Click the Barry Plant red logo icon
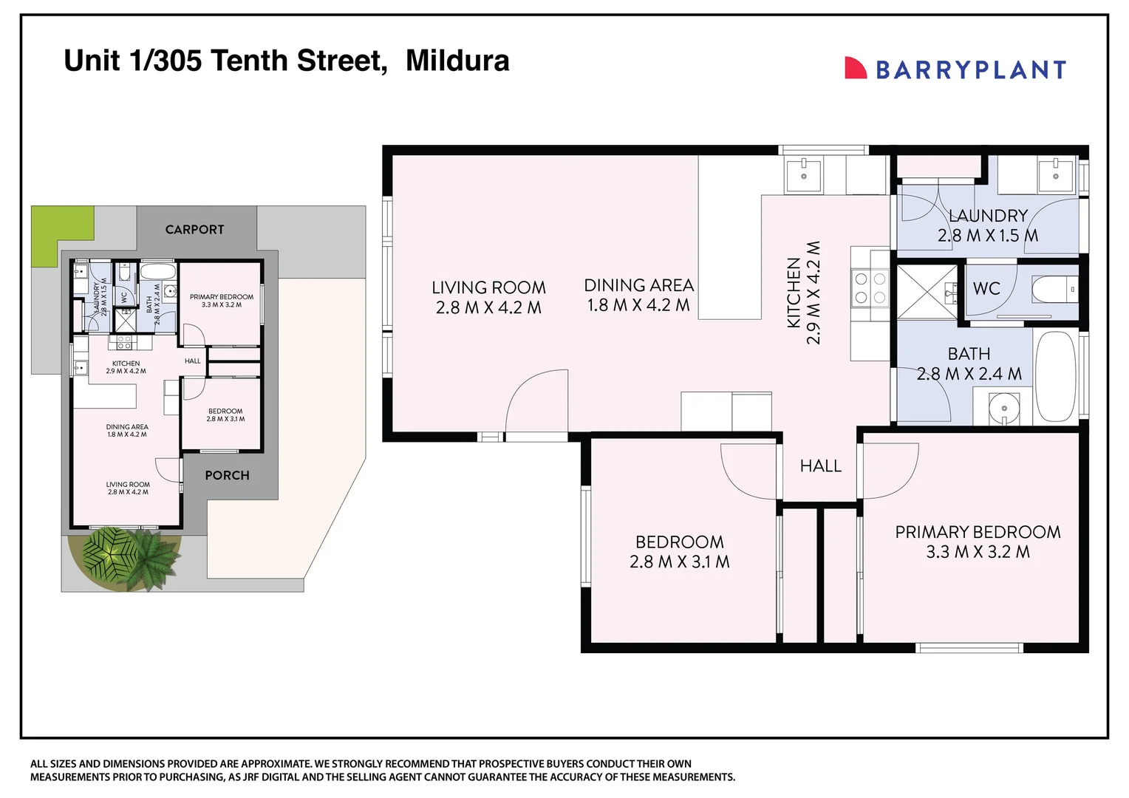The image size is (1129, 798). click(855, 68)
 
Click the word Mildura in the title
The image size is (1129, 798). click(457, 61)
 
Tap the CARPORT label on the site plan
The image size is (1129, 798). click(194, 230)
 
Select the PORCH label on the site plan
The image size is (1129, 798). click(227, 476)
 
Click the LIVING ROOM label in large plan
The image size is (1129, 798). click(488, 287)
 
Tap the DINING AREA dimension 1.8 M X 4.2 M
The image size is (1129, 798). click(638, 305)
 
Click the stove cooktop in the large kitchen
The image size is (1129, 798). click(870, 289)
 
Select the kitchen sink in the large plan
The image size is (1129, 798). click(803, 176)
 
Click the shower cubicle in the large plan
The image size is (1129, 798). click(927, 292)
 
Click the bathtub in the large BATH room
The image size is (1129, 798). click(1055, 375)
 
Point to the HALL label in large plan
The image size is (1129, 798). click(820, 466)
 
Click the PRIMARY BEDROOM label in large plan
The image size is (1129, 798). click(978, 532)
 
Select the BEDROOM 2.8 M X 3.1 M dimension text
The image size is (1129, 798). click(679, 562)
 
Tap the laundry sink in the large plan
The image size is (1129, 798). click(1055, 176)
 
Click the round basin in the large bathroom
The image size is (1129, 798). click(1003, 408)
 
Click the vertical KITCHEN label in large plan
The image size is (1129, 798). click(794, 293)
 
